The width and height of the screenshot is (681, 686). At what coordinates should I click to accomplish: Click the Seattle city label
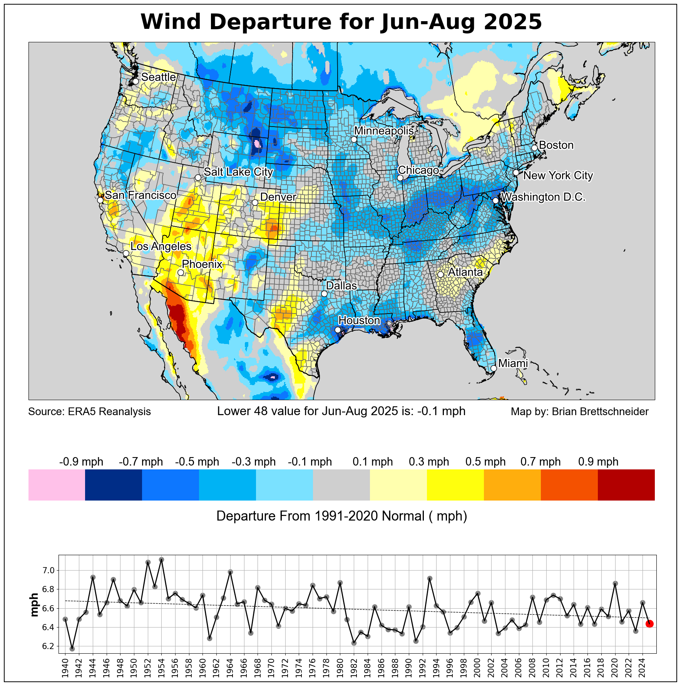158,77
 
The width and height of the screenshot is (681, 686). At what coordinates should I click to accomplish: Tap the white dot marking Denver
255,202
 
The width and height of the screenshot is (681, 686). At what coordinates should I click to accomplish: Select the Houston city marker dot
338,330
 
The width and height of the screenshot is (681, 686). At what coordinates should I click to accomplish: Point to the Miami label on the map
513,363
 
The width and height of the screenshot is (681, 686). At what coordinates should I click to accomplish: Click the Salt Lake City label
238,172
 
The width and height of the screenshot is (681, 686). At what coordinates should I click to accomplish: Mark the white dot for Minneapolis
354,139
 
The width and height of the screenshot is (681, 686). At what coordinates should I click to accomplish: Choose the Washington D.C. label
543,197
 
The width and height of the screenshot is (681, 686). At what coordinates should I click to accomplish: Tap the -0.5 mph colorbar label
197,462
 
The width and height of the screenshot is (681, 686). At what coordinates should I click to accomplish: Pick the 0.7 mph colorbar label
540,462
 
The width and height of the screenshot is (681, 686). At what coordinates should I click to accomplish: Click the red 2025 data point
649,624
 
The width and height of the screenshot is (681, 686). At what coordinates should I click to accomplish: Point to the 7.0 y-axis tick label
49,570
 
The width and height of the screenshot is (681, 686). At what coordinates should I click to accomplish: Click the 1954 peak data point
161,559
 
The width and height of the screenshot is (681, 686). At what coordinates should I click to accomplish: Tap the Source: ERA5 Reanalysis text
90,412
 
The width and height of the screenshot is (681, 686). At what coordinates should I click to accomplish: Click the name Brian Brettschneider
600,412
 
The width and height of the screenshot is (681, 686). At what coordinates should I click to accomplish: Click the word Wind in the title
171,22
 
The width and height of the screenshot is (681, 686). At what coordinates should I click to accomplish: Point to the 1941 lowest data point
72,649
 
